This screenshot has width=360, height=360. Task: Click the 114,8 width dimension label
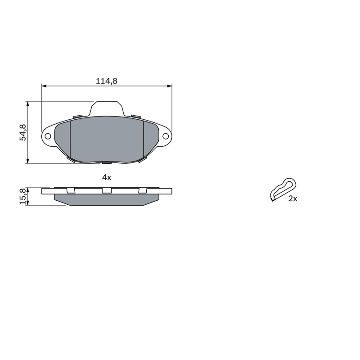pyautogui.click(x=107, y=81)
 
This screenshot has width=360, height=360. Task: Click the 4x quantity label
pyautogui.click(x=107, y=177)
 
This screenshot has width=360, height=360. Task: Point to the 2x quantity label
pyautogui.click(x=293, y=198)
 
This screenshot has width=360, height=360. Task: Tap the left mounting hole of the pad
pyautogui.click(x=48, y=136)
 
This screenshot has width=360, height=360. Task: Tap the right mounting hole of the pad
pyautogui.click(x=166, y=136)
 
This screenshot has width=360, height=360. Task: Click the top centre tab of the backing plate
pyautogui.click(x=107, y=108)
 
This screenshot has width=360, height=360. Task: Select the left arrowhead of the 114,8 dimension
pyautogui.click(x=44, y=86)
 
